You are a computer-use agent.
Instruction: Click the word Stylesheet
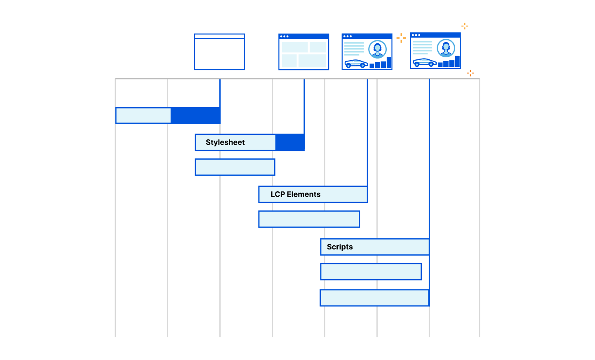click(225, 142)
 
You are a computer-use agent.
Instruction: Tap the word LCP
click(278, 194)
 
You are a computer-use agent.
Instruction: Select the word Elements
click(303, 194)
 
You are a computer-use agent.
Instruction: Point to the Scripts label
click(340, 247)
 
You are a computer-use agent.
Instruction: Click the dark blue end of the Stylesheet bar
click(290, 142)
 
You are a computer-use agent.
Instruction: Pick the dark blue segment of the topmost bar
click(195, 115)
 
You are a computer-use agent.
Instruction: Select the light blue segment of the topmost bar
click(143, 115)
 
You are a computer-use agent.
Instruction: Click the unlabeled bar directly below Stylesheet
click(235, 167)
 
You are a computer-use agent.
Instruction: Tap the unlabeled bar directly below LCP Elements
click(309, 219)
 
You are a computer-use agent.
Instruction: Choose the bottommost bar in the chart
click(374, 298)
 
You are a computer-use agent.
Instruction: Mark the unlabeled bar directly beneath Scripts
click(371, 271)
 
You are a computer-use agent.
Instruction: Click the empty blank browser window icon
click(219, 52)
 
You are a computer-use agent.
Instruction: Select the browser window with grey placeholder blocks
click(303, 52)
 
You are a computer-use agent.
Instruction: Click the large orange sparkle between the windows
click(401, 38)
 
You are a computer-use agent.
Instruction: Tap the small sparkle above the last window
click(465, 26)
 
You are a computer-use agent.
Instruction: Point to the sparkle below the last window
click(470, 73)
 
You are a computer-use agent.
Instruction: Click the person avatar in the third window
click(377, 49)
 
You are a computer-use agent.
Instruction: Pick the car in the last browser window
click(424, 62)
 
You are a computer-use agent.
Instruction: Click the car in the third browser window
click(356, 64)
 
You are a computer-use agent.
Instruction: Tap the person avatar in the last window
click(446, 48)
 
